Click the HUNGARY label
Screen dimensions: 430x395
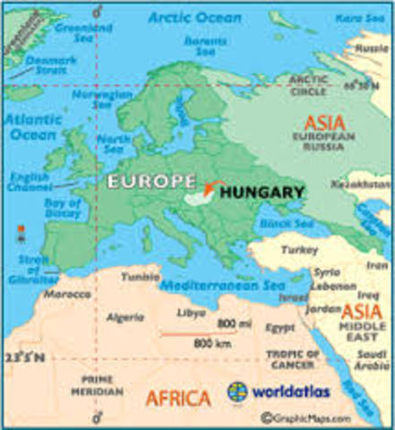(x=262, y=192)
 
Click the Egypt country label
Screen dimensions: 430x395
(x=279, y=327)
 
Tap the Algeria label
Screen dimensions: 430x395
(x=125, y=317)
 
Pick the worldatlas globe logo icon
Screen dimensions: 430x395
(x=238, y=391)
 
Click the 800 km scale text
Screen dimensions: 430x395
(x=207, y=343)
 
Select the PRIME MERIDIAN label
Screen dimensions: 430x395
(x=97, y=385)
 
